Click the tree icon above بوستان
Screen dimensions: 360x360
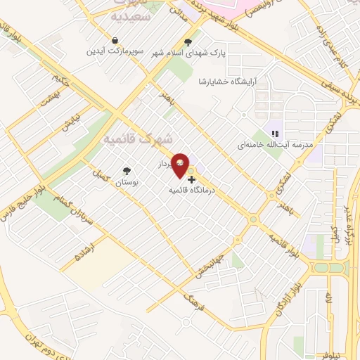tap(127, 171)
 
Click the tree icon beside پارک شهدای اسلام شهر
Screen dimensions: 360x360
tap(187, 41)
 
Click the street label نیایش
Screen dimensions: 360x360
tap(70, 125)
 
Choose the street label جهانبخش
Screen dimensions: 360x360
tap(217, 259)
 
